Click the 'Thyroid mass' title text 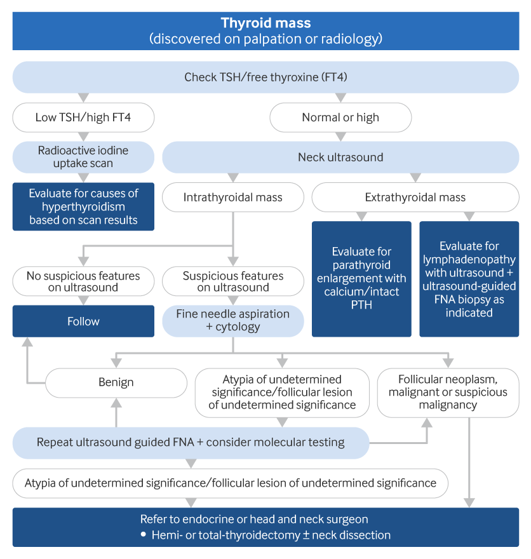265,24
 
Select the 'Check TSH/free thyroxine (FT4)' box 265,77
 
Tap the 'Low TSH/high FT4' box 83,118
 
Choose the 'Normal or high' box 340,118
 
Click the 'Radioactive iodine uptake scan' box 83,157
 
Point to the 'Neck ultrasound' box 340,157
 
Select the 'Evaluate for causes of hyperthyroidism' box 83,206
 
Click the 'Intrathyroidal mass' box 232,197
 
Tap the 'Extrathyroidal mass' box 415,197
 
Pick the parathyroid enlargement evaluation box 361,278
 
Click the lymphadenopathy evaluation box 469,278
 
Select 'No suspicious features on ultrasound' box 83,281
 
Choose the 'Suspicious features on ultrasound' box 232,281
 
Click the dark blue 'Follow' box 83,321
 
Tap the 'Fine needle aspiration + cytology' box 232,321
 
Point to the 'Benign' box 116,382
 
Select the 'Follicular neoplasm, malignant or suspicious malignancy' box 448,392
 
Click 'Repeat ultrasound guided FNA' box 191,442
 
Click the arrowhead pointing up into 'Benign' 116,403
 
